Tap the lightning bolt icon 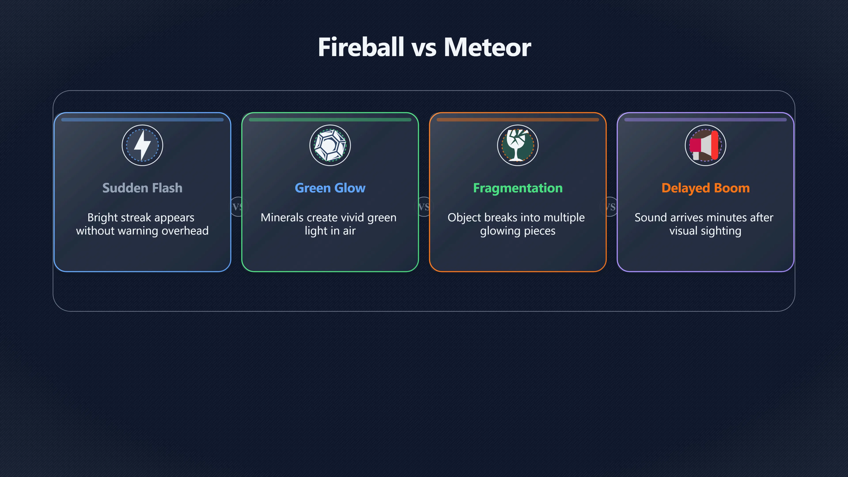pos(142,145)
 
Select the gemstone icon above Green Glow pos(330,145)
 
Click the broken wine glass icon pos(517,145)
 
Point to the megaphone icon pos(705,145)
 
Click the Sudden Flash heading pos(142,188)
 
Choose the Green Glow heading pos(330,188)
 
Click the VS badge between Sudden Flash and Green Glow pos(238,207)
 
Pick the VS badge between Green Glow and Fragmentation pos(424,207)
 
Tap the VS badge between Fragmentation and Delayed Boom pos(610,207)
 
